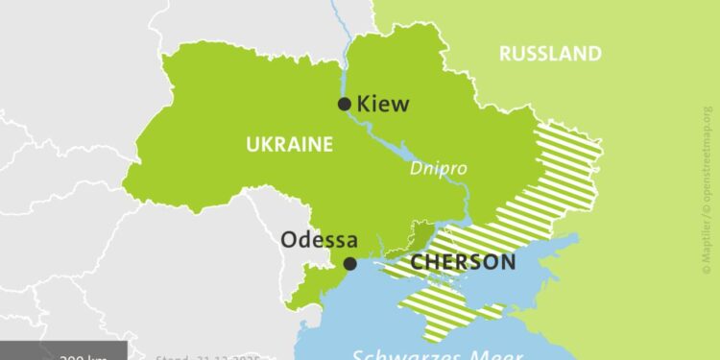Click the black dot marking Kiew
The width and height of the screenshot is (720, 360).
coord(345,105)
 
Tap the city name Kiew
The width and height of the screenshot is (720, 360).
coord(382,104)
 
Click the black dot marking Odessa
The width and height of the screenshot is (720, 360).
coord(350,263)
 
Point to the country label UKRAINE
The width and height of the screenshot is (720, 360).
coord(289,145)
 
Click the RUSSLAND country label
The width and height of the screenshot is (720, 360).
coord(550,54)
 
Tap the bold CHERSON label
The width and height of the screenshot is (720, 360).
coord(463,261)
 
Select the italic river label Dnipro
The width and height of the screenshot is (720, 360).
coord(439,167)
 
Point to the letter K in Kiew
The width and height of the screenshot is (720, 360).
coord(363,104)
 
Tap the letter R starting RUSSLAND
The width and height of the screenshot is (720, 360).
coord(505,54)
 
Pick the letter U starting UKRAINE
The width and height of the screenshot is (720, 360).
coord(252,145)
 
